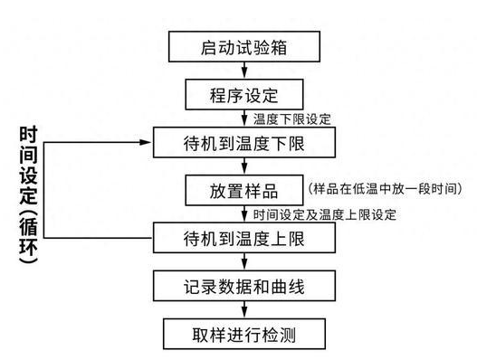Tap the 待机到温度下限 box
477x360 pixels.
[244, 143]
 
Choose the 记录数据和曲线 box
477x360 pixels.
[244, 288]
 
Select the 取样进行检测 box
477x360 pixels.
[244, 335]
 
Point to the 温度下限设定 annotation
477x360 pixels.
[292, 118]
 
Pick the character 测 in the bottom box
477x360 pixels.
[288, 335]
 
